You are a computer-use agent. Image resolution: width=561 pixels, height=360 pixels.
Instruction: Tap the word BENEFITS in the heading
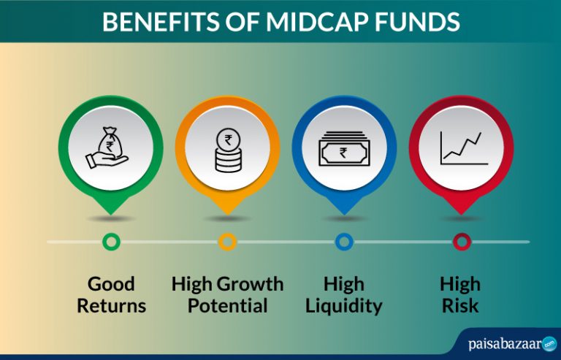(161, 21)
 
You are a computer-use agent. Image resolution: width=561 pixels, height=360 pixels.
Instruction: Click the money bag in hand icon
(107, 148)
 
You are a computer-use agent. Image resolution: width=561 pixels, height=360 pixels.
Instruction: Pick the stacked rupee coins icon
(228, 150)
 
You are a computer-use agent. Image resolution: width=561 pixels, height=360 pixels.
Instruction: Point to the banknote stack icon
(344, 148)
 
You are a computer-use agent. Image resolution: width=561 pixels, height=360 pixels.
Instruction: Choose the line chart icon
(464, 148)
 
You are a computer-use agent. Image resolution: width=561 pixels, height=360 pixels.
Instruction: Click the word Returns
(112, 306)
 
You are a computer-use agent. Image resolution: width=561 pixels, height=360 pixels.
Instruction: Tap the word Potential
(228, 306)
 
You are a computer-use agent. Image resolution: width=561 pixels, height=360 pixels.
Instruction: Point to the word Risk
(460, 306)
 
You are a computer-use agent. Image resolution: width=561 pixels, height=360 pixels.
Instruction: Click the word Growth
(250, 284)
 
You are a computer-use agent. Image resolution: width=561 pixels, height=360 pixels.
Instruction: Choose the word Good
(111, 284)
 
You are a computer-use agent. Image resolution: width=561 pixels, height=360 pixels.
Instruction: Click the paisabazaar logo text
(505, 344)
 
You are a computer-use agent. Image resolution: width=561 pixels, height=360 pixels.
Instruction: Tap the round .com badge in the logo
(549, 344)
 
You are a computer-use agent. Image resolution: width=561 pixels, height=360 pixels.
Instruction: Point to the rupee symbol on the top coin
(228, 139)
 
